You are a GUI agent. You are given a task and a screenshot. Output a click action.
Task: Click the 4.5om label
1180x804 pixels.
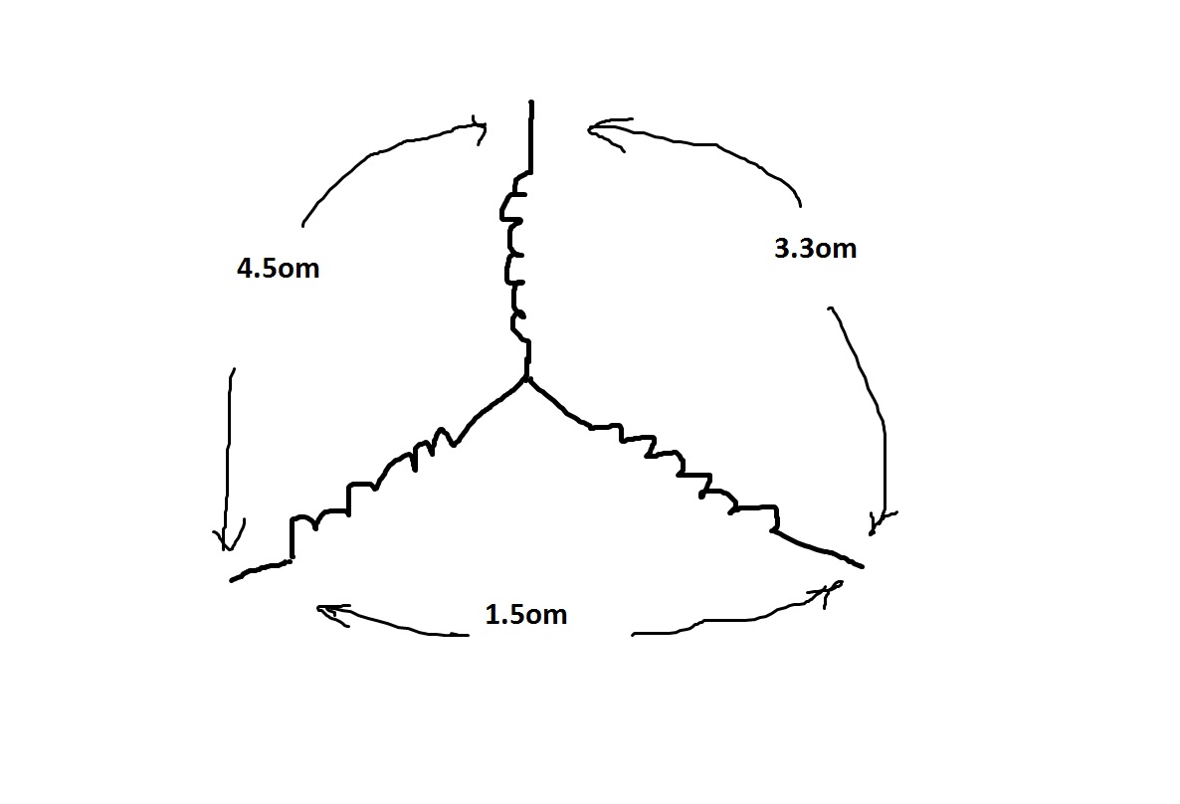click(x=278, y=269)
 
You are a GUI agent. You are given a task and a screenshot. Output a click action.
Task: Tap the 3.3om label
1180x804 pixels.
click(x=815, y=249)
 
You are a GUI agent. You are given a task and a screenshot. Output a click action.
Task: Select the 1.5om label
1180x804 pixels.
click(x=526, y=614)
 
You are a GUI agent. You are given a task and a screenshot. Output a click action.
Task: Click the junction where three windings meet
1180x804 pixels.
click(x=526, y=378)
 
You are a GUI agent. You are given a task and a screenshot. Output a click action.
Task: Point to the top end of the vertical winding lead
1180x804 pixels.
click(x=531, y=100)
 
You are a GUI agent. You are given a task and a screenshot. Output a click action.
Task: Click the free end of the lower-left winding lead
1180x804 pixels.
click(x=232, y=580)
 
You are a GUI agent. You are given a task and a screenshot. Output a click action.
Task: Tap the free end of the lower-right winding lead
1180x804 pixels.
click(x=862, y=566)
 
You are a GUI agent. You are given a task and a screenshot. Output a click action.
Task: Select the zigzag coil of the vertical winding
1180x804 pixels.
click(x=514, y=256)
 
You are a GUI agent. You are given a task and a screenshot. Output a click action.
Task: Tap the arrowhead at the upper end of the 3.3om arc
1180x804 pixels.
click(x=602, y=131)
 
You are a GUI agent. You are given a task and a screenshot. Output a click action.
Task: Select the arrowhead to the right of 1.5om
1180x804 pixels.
click(x=830, y=592)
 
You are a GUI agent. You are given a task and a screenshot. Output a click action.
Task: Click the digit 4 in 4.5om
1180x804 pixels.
click(x=245, y=269)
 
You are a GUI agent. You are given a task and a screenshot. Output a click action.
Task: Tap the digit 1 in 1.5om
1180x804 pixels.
click(x=492, y=614)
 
